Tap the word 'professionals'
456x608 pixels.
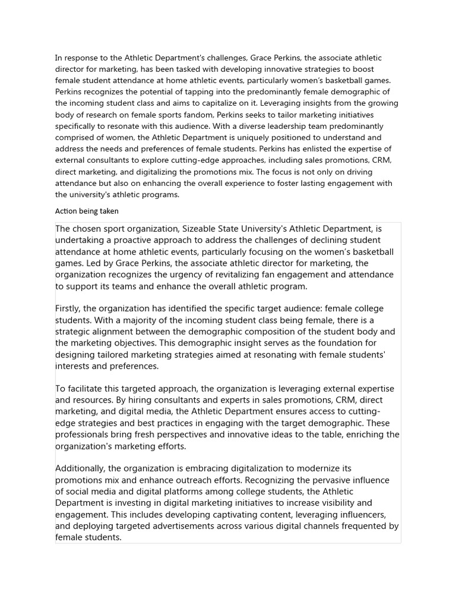[84, 435]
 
